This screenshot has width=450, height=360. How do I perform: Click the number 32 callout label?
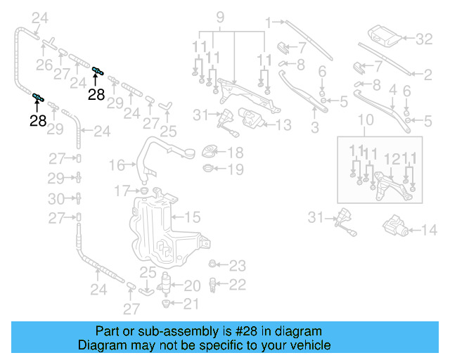tap(424, 39)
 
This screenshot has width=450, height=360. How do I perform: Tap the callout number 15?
tap(193, 217)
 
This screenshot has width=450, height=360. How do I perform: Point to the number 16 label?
tap(117, 165)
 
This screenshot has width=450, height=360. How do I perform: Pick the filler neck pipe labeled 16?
tap(158, 158)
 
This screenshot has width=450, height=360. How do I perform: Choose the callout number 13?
tap(283, 126)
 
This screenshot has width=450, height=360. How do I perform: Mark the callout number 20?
tap(192, 285)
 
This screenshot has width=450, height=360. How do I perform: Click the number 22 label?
tap(238, 284)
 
